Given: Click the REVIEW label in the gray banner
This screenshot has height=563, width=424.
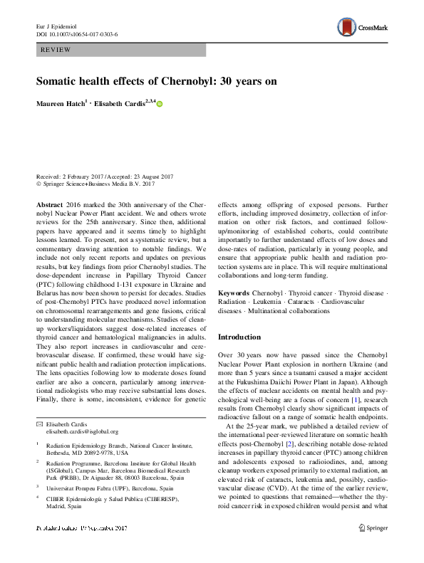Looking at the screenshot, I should (x=56, y=51).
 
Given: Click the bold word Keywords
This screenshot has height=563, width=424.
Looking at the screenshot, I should (x=234, y=293).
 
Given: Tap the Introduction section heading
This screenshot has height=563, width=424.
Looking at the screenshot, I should (x=240, y=336).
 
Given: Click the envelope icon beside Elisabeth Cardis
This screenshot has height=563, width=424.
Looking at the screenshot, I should (x=39, y=423).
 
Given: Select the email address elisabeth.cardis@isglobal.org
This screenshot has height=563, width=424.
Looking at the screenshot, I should (x=82, y=431).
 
